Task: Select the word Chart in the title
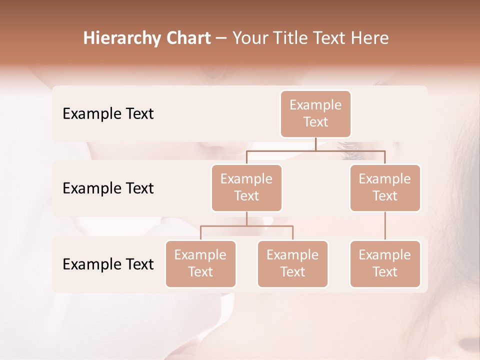186,38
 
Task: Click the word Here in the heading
369,38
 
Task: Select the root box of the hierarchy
315,114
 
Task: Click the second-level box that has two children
246,188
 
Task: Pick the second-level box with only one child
385,188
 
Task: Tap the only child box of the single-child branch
385,264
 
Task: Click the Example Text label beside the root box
108,114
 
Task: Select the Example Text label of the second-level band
108,188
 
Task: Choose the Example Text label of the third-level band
108,264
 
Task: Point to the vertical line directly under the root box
315,143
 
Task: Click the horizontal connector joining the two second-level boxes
315,149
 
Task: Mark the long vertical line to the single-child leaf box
385,226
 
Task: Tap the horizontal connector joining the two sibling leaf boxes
246,226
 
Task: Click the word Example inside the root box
315,105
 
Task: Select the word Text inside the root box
315,122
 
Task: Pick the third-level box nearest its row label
200,264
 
